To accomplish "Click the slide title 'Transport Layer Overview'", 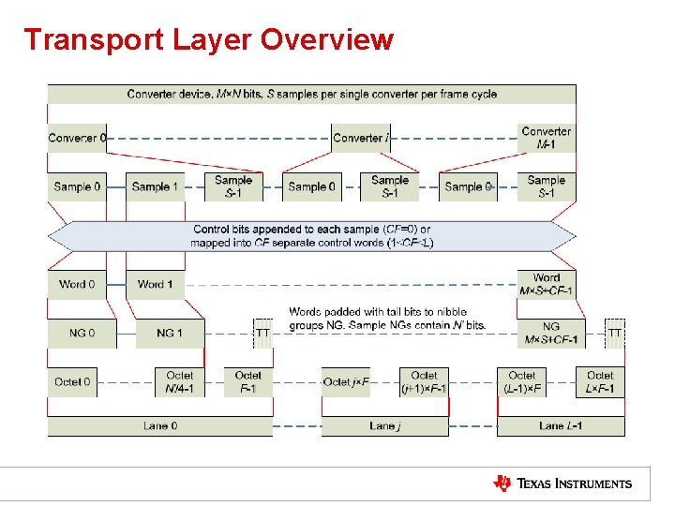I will (208, 40).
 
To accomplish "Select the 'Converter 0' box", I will (77, 138).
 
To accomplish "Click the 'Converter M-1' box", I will (547, 137).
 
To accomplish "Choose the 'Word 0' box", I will (77, 284).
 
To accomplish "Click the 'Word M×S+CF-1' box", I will (547, 284).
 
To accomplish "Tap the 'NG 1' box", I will (169, 333).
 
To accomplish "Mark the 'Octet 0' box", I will (73, 381).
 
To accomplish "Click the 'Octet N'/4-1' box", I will (179, 381).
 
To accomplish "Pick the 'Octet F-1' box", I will (248, 381).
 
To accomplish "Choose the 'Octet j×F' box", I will (346, 381).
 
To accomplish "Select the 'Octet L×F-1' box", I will (600, 381).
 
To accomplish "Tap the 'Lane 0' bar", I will (160, 426).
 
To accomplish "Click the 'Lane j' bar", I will (385, 426).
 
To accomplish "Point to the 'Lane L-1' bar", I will (561, 426).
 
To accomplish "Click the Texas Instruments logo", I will (562, 484).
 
